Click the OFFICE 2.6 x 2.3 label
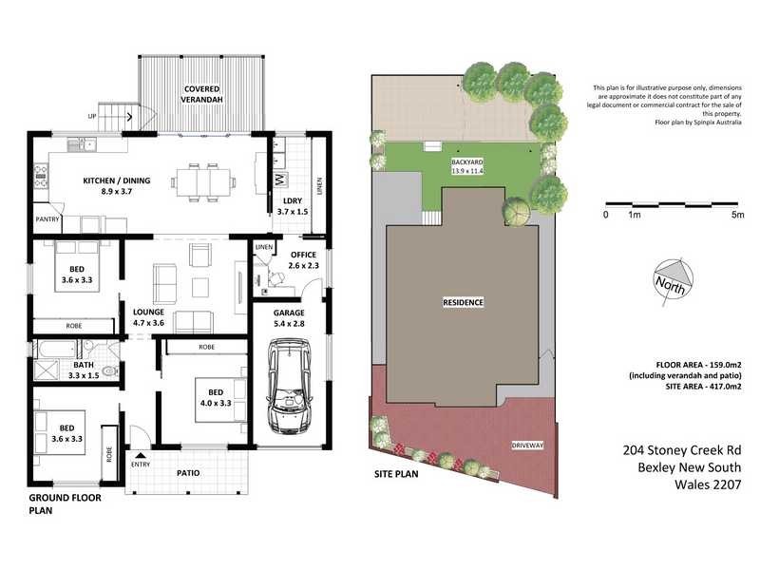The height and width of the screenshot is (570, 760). pyautogui.click(x=303, y=259)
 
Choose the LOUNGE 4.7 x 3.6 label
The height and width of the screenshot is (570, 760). pyautogui.click(x=149, y=316)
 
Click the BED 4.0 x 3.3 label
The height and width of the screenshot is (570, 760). pyautogui.click(x=211, y=392)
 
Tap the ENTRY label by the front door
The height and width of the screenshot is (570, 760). pyautogui.click(x=141, y=465)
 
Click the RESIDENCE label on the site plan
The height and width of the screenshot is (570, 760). pyautogui.click(x=464, y=302)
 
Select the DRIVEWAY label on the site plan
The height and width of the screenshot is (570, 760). pyautogui.click(x=528, y=445)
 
